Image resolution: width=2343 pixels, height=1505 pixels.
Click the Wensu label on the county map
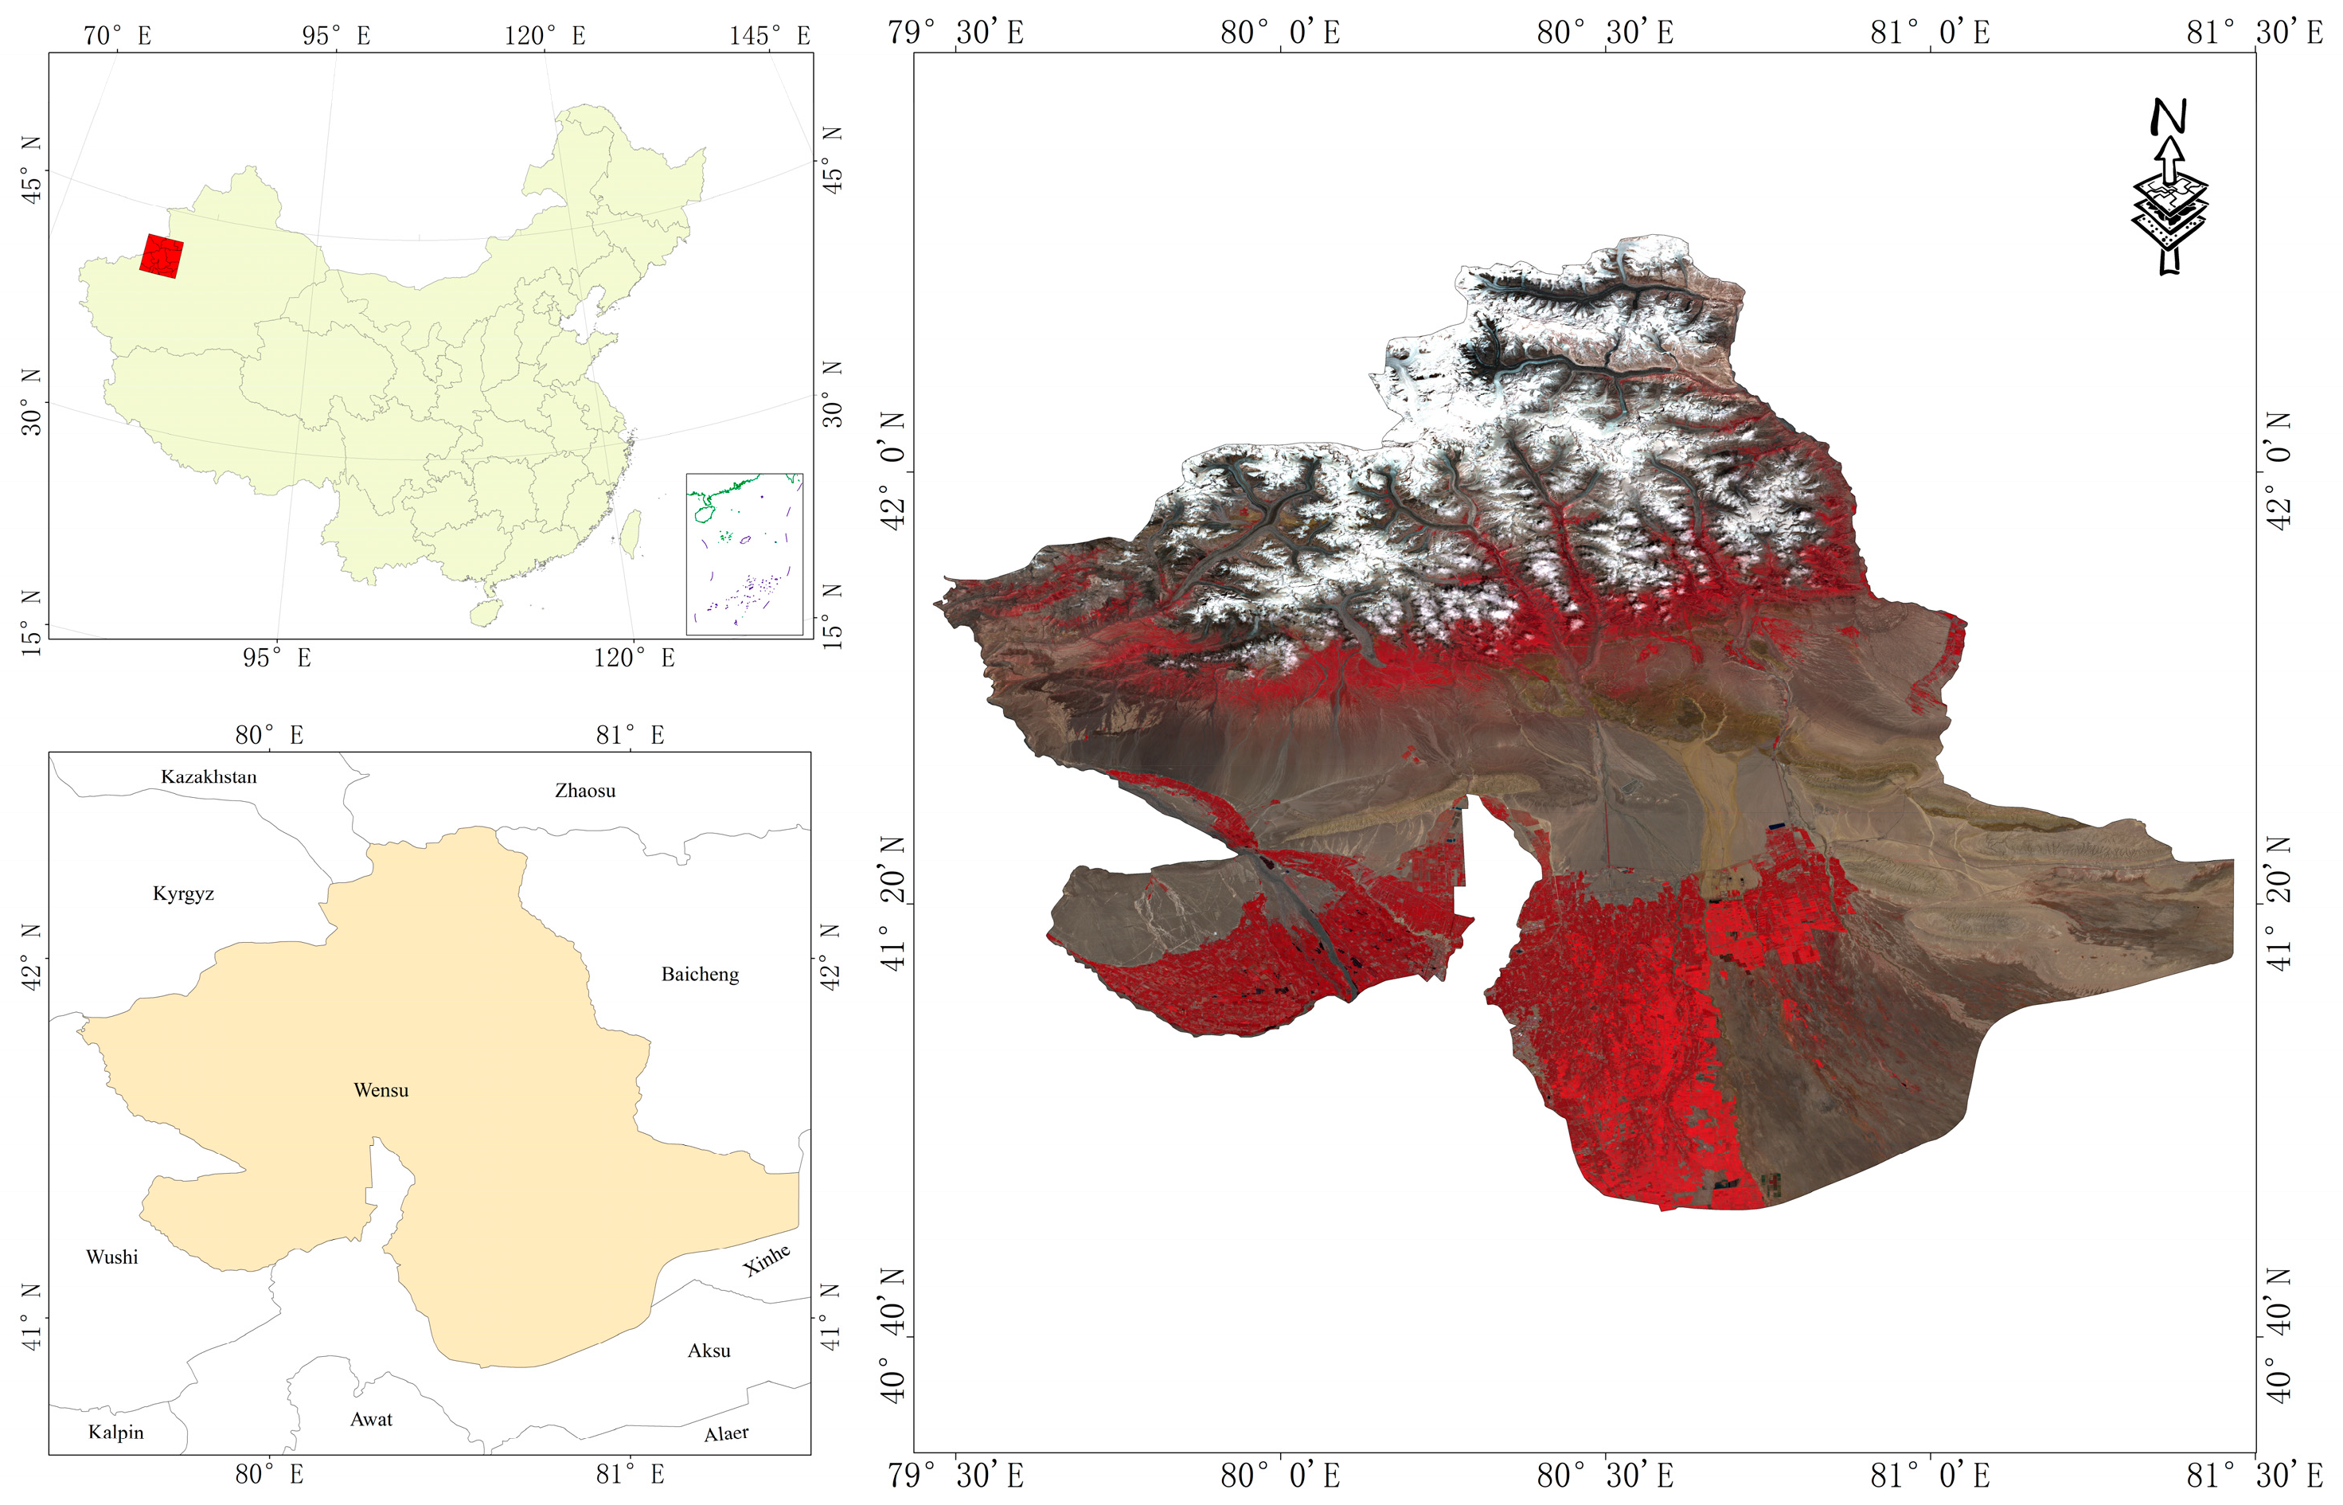pyautogui.click(x=381, y=1089)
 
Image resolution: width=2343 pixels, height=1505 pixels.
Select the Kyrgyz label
pyautogui.click(x=184, y=893)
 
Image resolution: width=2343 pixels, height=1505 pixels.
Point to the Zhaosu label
pyautogui.click(x=585, y=791)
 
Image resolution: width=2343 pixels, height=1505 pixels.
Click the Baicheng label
pyautogui.click(x=700, y=975)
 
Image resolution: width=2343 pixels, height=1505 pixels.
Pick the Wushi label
pyautogui.click(x=112, y=1257)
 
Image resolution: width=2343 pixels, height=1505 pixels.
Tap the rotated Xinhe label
pyautogui.click(x=767, y=1260)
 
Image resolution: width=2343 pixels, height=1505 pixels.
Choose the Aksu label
pyautogui.click(x=709, y=1351)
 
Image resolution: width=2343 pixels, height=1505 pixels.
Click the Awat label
pyautogui.click(x=371, y=1419)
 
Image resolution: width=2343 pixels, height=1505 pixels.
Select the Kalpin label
pyautogui.click(x=116, y=1432)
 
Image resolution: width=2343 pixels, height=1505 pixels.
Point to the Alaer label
pyautogui.click(x=726, y=1433)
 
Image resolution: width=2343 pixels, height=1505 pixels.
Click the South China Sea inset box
pyautogui.click(x=744, y=554)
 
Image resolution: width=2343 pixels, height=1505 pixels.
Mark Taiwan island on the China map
pyautogui.click(x=632, y=533)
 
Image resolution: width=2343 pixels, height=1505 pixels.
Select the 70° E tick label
pyautogui.click(x=117, y=36)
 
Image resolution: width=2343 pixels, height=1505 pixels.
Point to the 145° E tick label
pyautogui.click(x=770, y=36)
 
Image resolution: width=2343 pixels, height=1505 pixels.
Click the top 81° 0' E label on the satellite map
pyautogui.click(x=1930, y=32)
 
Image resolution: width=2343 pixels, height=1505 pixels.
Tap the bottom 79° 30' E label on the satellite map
pyautogui.click(x=955, y=1475)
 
